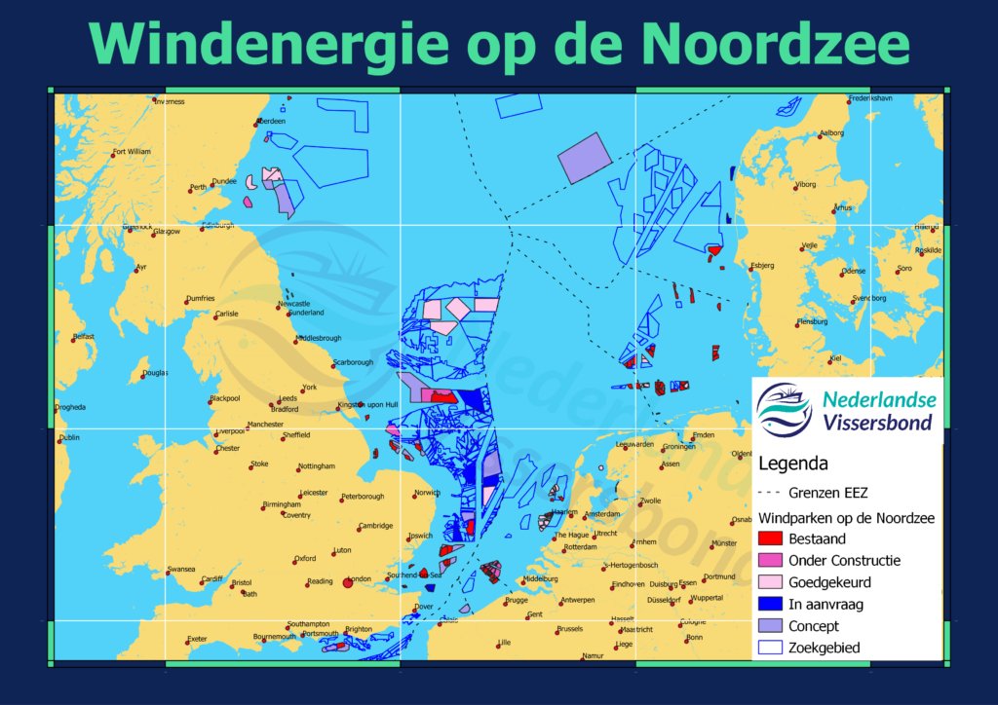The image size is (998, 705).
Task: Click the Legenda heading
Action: pyautogui.click(x=792, y=464)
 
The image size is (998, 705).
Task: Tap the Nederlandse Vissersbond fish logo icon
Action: pyautogui.click(x=785, y=410)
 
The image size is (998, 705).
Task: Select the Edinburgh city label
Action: pyautogui.click(x=218, y=226)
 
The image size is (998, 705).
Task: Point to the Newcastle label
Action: pyautogui.click(x=293, y=304)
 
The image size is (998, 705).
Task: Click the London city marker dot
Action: pyautogui.click(x=348, y=584)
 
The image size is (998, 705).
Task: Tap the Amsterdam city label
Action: pyautogui.click(x=601, y=514)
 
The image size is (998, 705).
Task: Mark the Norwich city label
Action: pyautogui.click(x=427, y=493)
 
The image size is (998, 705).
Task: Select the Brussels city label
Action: pyautogui.click(x=569, y=629)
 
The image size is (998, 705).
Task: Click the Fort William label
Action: pyautogui.click(x=132, y=152)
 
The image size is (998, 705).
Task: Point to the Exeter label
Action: pyautogui.click(x=197, y=639)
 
